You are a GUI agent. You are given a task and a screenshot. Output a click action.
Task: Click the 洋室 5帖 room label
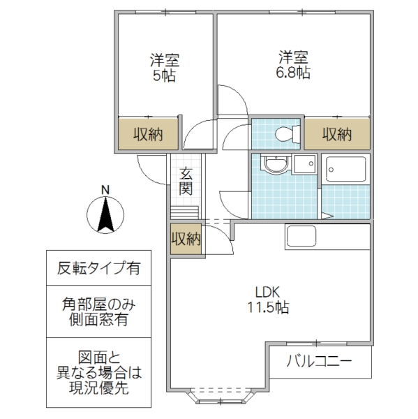click(165, 67)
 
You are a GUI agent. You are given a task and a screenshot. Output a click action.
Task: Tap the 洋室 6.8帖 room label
click(293, 64)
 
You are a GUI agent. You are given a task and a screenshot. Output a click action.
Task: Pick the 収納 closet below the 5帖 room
click(149, 134)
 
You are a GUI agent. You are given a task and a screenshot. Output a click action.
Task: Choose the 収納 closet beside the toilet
click(336, 134)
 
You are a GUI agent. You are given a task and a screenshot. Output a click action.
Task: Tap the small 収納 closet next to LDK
click(186, 239)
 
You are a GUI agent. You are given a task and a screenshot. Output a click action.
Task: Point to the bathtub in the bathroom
click(346, 169)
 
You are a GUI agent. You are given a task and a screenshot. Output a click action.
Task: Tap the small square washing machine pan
click(304, 165)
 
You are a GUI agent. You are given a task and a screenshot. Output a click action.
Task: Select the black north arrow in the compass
click(105, 215)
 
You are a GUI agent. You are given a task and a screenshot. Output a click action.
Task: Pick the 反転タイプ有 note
click(98, 267)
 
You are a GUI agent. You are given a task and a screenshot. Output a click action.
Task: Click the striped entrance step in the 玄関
click(186, 212)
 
